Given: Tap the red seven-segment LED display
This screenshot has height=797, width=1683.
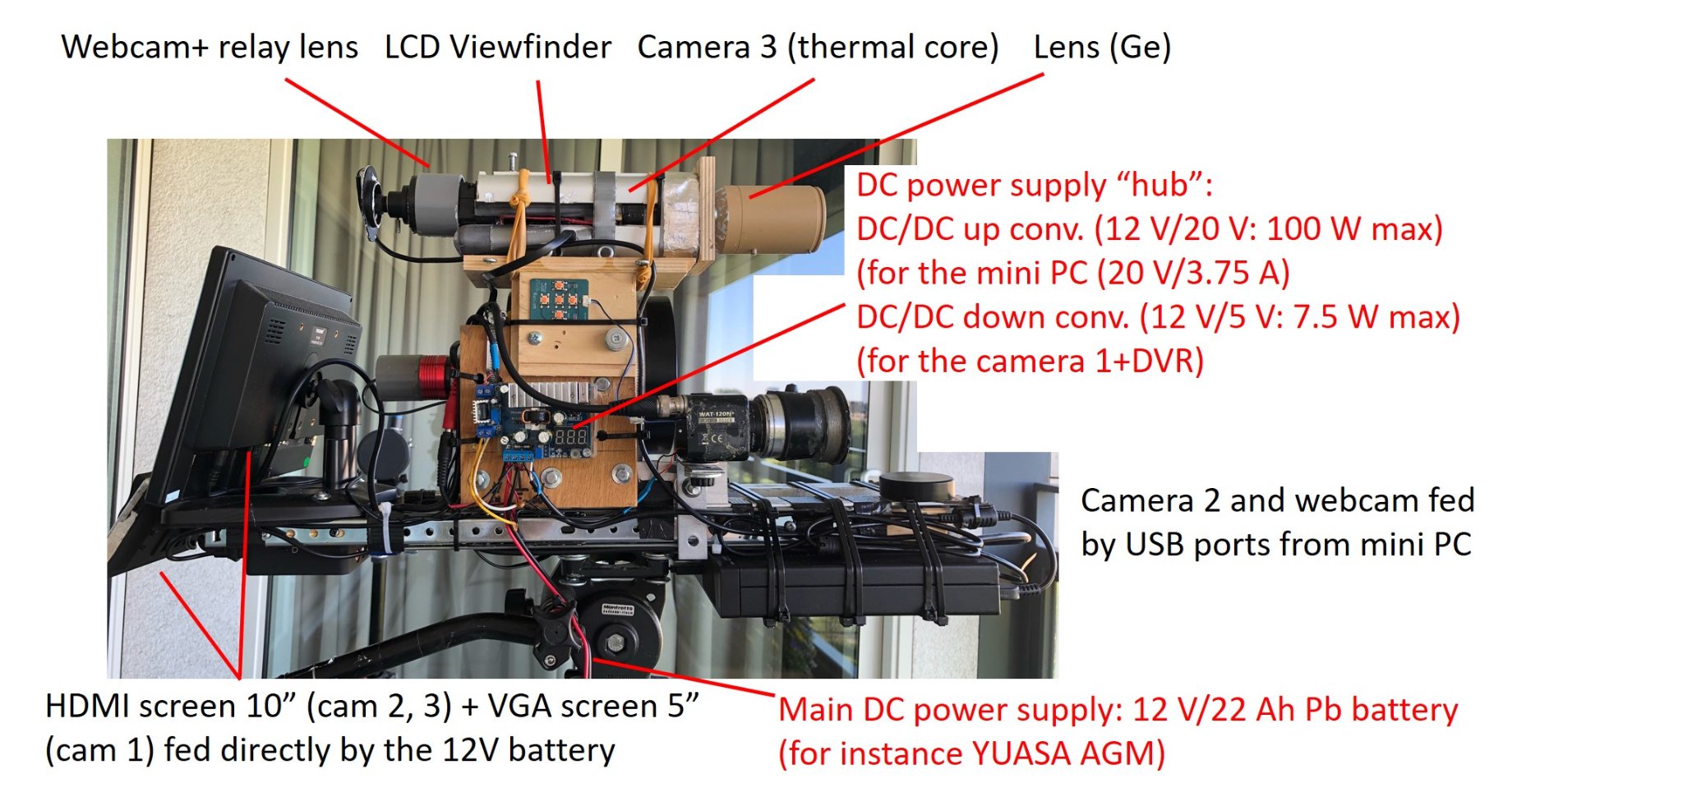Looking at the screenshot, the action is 571,436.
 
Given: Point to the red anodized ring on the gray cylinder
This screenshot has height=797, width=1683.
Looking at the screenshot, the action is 432,377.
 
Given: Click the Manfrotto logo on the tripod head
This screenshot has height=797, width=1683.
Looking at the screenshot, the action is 617,609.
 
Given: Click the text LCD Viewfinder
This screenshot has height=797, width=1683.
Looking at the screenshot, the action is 498,47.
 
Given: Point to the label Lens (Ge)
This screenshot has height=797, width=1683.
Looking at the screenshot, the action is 1102,48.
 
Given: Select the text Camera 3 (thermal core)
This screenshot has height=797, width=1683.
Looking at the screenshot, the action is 818,48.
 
